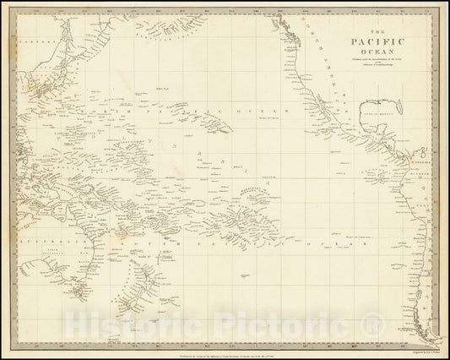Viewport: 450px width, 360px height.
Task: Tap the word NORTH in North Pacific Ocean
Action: [118, 111]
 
